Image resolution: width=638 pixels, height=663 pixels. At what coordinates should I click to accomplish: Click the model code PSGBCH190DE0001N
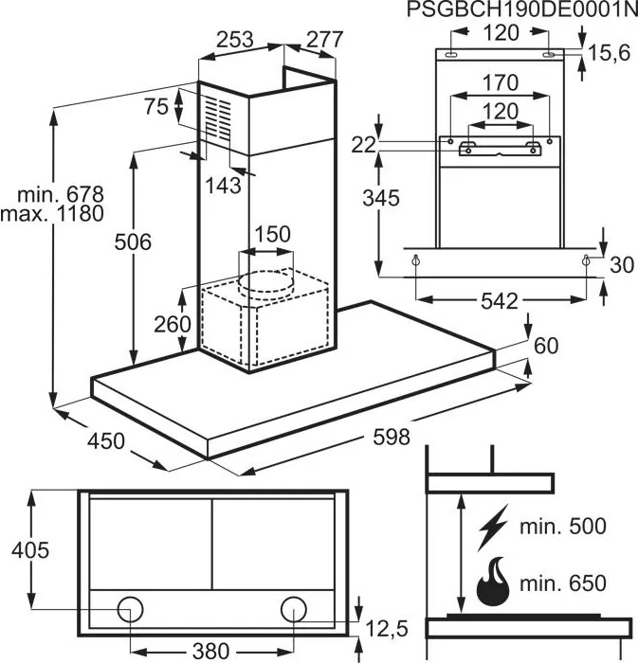tap(522, 9)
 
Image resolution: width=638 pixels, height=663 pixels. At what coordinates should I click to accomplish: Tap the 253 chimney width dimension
tap(235, 40)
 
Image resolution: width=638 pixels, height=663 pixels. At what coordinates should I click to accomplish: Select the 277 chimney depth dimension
tap(324, 40)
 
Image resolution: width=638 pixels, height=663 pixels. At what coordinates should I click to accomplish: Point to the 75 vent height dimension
tap(156, 106)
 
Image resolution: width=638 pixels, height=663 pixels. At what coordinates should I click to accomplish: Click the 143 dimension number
tap(224, 186)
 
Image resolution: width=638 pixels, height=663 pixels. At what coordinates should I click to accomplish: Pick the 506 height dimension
tap(133, 242)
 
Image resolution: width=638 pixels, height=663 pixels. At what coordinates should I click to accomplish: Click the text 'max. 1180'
tap(52, 213)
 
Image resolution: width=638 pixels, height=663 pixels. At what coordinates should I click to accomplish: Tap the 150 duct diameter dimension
tap(273, 234)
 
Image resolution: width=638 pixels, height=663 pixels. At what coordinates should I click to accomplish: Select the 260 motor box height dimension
tap(173, 324)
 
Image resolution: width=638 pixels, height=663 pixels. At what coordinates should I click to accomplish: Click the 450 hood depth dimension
tap(106, 441)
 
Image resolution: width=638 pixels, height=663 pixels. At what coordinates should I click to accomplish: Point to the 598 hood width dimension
tap(392, 437)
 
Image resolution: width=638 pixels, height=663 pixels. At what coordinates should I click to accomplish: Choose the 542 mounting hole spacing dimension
tap(500, 301)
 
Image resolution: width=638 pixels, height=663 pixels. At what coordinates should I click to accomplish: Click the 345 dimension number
tap(381, 198)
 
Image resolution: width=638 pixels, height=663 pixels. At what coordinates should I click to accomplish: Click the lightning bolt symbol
tap(492, 528)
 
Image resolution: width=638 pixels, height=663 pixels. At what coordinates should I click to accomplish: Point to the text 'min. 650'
tap(563, 583)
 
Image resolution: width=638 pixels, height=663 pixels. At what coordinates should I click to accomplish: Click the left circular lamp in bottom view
tap(130, 609)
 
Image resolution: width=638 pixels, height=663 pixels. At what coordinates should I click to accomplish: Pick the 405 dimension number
tap(30, 550)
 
